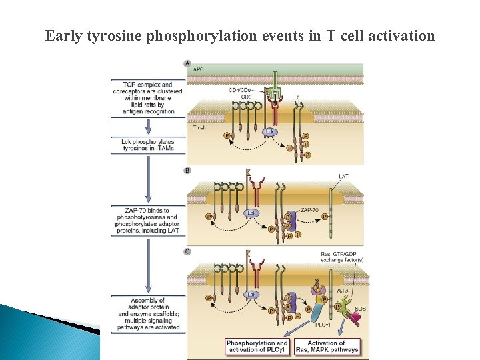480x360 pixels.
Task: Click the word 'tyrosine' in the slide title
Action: coord(114,36)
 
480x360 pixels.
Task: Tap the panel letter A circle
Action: coord(187,64)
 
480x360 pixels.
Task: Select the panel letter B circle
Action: coord(187,171)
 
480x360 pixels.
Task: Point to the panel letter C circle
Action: coord(187,252)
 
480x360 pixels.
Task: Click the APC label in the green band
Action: coord(199,69)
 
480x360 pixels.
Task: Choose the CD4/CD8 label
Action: coord(241,90)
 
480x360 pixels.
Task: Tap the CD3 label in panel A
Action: coord(247,97)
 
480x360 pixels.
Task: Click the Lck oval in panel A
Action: coord(270,132)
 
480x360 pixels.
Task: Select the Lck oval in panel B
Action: coord(252,213)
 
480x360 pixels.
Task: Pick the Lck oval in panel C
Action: coord(252,294)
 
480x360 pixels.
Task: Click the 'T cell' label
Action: coord(200,128)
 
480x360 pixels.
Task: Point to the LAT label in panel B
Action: coord(343,177)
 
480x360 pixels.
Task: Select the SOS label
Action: coord(360,309)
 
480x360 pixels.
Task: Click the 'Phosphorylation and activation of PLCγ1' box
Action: coord(257,347)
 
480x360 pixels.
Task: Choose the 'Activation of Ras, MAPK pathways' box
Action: coord(332,347)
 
